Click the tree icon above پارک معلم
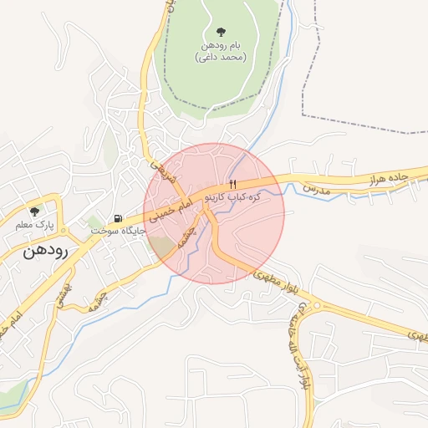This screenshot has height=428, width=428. click(x=34, y=211)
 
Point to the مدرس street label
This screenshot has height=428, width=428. click(x=317, y=191)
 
